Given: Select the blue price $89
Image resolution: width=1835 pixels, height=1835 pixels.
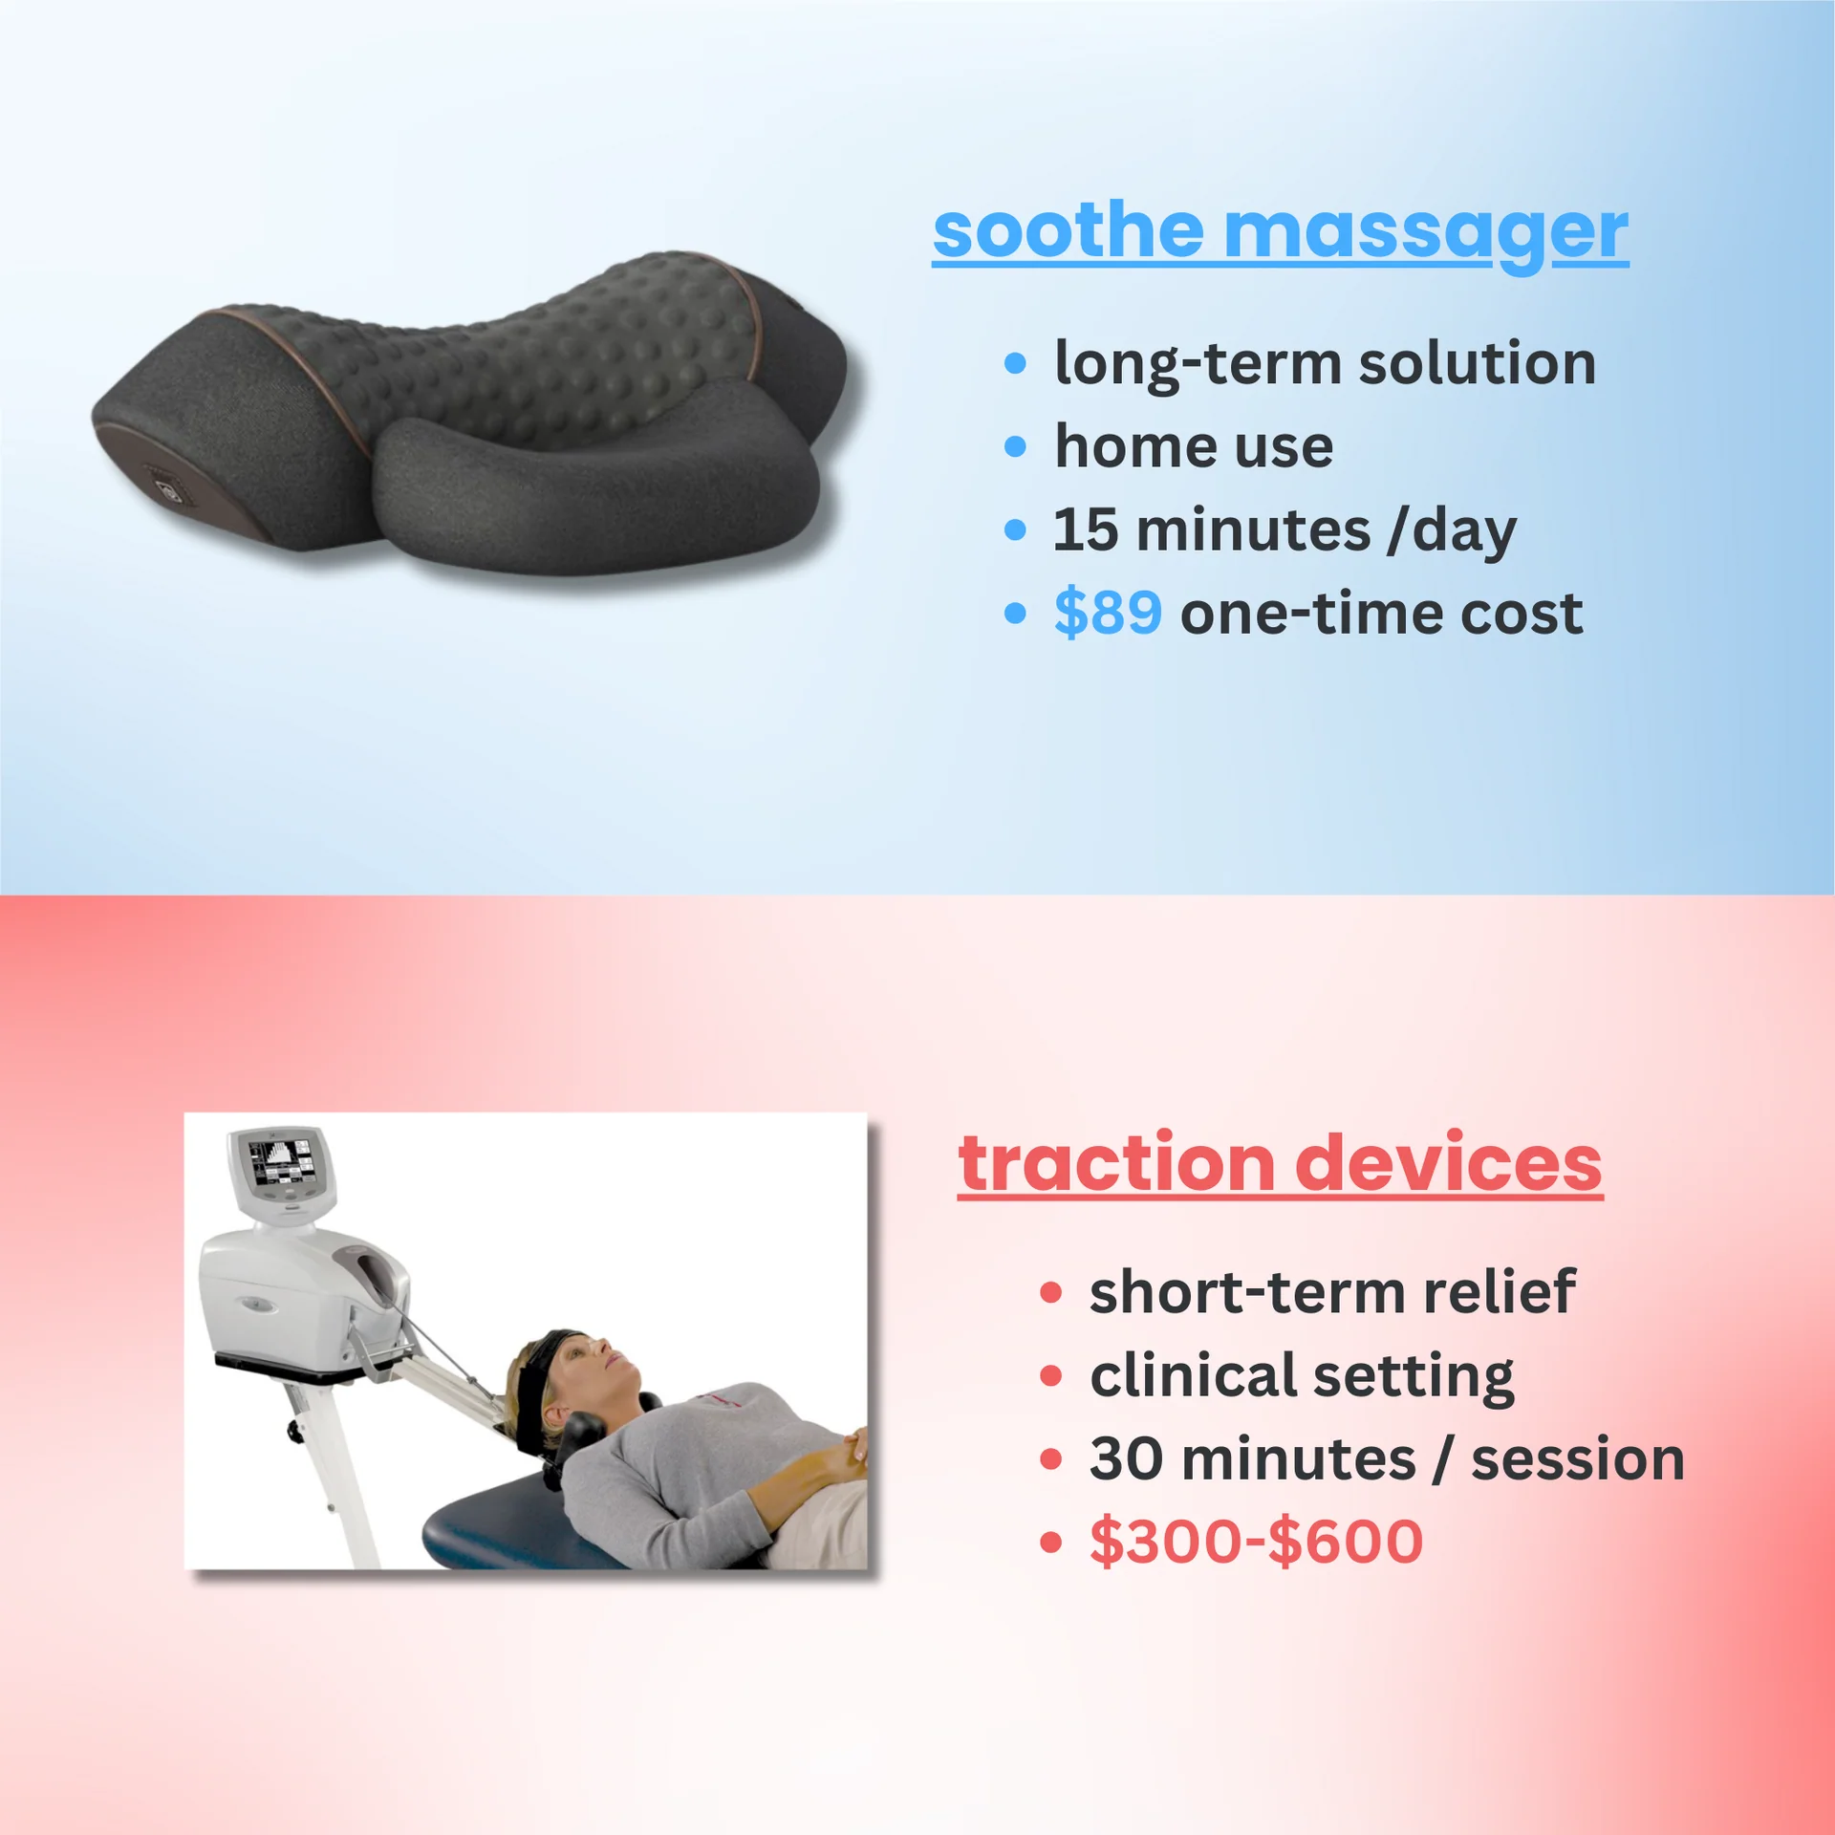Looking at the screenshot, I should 1108,613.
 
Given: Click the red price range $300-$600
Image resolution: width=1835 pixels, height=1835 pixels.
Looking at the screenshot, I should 1256,1541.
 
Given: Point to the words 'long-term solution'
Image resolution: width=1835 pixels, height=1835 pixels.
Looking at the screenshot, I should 1325,363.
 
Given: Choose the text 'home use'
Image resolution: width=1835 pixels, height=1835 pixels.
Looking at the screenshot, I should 1194,446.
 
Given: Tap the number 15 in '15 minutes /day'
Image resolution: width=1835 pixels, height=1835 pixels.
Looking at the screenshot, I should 1085,529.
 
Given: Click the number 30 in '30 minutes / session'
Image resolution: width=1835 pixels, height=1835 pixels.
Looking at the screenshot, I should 1124,1458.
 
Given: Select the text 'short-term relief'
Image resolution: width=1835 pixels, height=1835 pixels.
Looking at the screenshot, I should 1332,1292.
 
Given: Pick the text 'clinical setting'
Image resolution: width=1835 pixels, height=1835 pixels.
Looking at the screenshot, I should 1302,1375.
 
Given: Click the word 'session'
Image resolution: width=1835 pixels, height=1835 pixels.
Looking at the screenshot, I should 1577,1458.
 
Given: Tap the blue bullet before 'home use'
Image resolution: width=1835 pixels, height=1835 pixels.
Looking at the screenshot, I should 1015,446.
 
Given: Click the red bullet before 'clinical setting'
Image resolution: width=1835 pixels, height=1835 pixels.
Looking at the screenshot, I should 1051,1375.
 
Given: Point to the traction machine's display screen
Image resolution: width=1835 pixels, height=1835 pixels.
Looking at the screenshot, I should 278,1162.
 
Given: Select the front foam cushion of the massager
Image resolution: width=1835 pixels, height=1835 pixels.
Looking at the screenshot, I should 593,487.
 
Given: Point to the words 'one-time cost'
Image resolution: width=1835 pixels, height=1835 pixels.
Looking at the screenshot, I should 1381,613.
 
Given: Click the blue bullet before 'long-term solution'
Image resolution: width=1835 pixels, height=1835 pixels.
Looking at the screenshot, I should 1015,363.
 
